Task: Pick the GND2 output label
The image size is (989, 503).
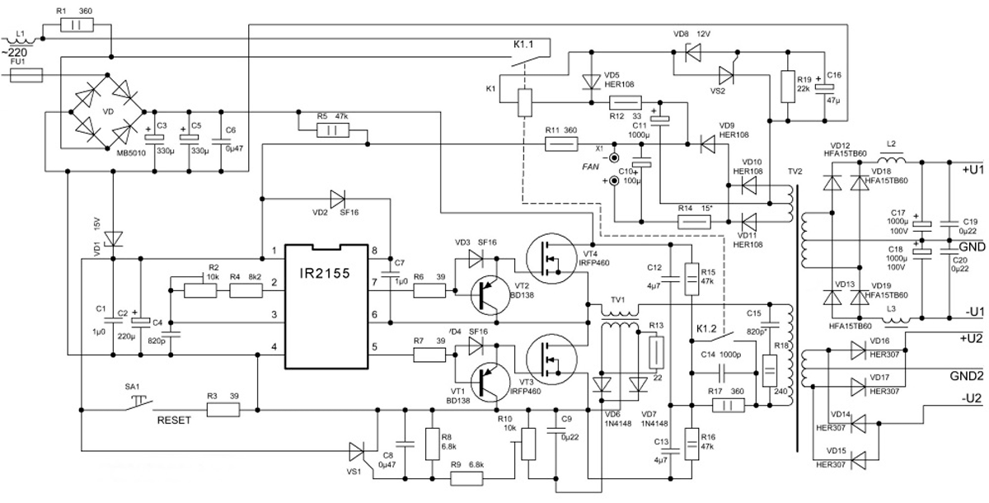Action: click(964, 375)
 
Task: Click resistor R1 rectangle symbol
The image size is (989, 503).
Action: click(85, 26)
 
